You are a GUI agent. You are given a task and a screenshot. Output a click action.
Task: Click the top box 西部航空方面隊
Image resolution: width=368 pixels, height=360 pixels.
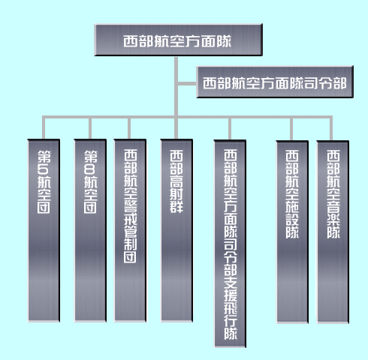178,40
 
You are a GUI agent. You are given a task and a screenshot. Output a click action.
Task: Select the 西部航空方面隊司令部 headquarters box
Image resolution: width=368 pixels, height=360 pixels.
275,82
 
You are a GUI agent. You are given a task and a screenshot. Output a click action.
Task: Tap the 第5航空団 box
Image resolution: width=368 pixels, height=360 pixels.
44,230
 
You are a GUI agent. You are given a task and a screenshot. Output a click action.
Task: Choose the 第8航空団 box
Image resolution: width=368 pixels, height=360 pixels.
90,230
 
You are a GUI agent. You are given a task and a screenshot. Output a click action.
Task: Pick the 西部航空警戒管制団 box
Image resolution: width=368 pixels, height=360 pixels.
130,230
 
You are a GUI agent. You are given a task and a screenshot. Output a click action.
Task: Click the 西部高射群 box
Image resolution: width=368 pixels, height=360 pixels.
176,230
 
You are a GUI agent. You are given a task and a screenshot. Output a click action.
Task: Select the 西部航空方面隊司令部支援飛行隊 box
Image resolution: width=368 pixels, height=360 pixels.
230,244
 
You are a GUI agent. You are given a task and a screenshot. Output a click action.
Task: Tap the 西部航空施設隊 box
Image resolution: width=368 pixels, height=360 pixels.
292,232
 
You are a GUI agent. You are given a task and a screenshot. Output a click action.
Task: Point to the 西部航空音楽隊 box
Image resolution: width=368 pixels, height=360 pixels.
333,232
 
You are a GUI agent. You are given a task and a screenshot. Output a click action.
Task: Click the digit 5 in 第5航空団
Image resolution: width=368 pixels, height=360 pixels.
44,169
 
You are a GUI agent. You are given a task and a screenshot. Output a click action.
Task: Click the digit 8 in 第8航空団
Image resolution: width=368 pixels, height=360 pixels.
90,169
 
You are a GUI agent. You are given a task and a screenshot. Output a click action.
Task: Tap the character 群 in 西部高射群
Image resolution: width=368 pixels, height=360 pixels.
176,207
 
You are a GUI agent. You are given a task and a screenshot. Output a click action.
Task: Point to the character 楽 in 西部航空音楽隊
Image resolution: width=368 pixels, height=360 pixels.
333,220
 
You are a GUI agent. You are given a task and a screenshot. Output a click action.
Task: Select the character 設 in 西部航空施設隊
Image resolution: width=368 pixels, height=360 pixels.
292,220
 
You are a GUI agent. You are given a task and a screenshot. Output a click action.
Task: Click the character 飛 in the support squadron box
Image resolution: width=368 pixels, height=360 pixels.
231,307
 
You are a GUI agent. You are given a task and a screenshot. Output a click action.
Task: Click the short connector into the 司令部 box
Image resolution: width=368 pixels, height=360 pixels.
187,83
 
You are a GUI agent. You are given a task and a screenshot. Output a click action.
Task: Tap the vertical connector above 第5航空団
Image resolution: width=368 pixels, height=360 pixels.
44,127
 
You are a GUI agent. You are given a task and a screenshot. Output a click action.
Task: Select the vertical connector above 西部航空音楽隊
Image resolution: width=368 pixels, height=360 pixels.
331,128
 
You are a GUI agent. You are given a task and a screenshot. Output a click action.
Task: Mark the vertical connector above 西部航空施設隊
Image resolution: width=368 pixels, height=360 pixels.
291,129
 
